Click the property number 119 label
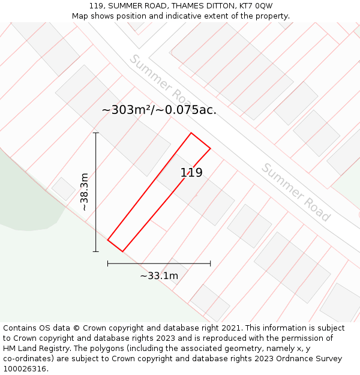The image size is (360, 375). point(191,173)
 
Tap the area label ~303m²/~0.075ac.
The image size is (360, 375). point(159,110)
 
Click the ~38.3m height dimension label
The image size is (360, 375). point(85,191)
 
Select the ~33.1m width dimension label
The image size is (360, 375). point(159,276)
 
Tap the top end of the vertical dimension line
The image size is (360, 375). point(95,133)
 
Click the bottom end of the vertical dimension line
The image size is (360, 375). point(95,251)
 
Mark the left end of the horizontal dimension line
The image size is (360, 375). point(108,263)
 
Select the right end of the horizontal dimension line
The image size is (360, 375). point(210,263)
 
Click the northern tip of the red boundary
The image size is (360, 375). point(191,133)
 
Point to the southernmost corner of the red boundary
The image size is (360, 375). point(122,251)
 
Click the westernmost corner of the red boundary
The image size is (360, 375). point(108,240)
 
